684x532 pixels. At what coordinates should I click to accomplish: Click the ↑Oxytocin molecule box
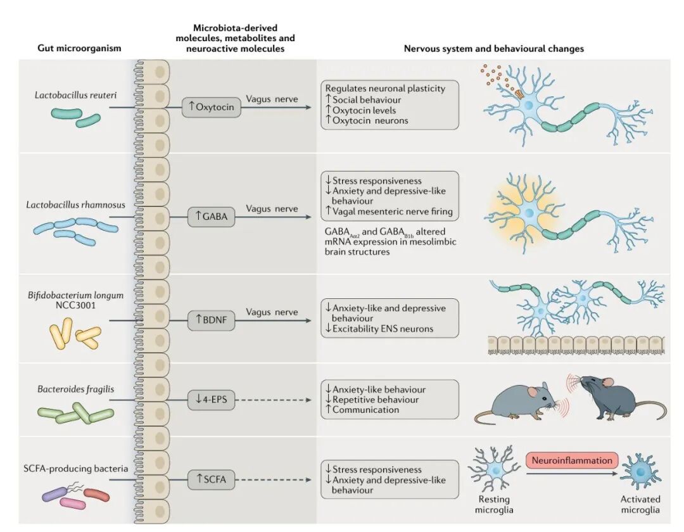click(211, 107)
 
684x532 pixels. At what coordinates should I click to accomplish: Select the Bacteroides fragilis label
click(75, 389)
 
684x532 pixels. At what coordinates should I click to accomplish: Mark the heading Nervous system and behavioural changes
click(494, 48)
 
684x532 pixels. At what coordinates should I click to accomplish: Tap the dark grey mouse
click(608, 404)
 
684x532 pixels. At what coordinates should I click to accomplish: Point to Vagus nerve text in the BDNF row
click(272, 312)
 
